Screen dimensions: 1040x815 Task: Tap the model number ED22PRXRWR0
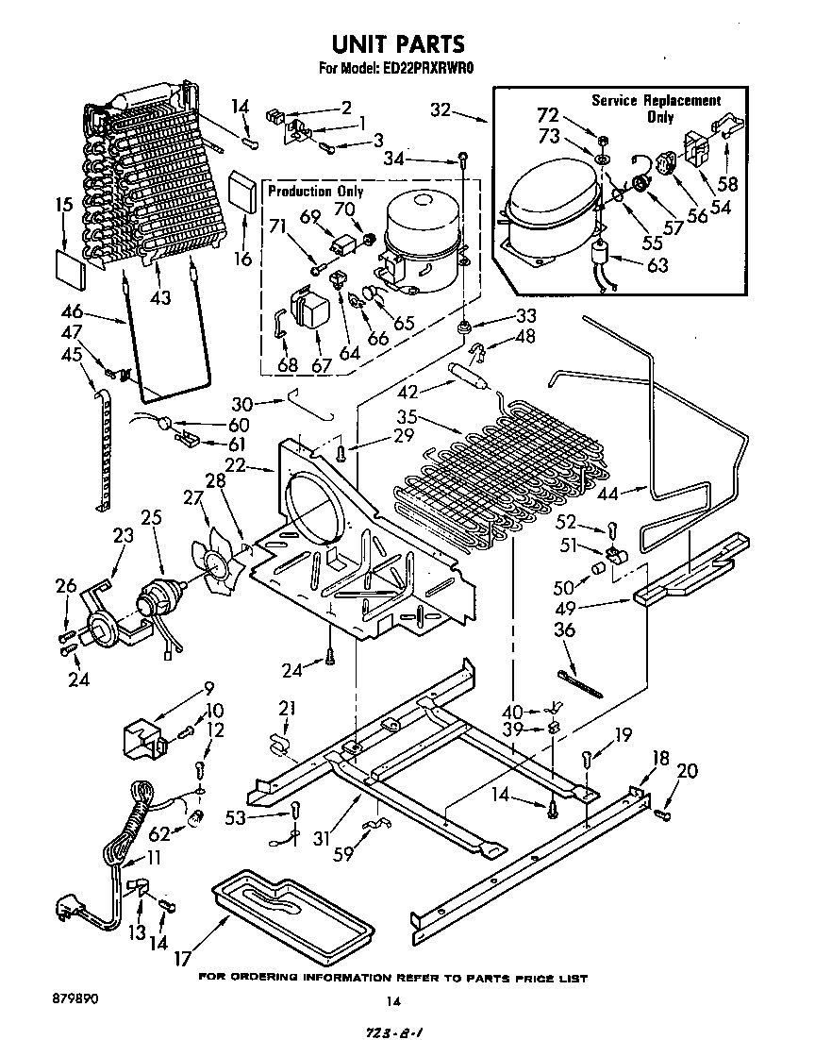pyautogui.click(x=429, y=69)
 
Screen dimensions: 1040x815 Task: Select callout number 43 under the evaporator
pyautogui.click(x=161, y=297)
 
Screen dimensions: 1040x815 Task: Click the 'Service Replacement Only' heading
pyautogui.click(x=656, y=108)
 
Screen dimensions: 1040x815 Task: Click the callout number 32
pyautogui.click(x=441, y=109)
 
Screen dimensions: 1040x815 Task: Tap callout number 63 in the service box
pyautogui.click(x=657, y=264)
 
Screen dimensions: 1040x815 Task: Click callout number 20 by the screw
pyautogui.click(x=688, y=772)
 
